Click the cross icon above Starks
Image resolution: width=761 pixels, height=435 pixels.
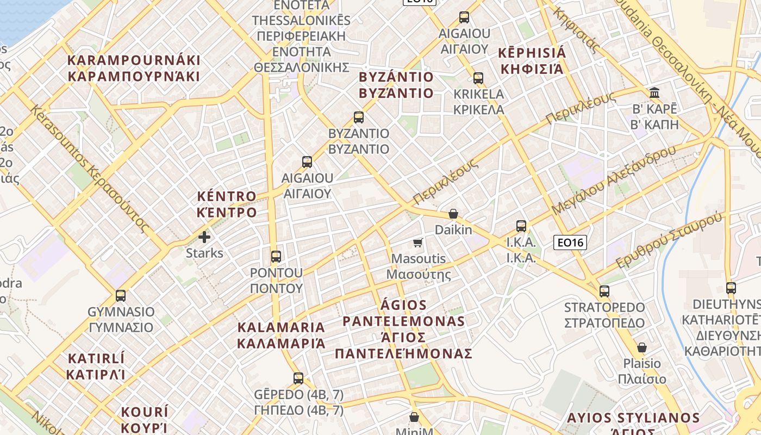[204, 237]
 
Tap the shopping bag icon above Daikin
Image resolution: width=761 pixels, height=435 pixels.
[453, 214]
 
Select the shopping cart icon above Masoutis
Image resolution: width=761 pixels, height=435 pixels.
[418, 243]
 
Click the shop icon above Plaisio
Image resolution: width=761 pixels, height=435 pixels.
[642, 347]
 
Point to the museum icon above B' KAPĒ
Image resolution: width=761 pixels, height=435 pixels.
[654, 92]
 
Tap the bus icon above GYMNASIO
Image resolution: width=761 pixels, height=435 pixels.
[121, 296]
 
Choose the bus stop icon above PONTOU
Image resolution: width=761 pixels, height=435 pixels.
[276, 257]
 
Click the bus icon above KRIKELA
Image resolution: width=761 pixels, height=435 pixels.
[478, 78]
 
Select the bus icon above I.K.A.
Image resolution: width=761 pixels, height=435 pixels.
[521, 226]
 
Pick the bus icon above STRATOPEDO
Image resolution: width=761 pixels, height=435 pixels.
[604, 291]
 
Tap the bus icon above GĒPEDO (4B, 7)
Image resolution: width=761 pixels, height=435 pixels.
[298, 378]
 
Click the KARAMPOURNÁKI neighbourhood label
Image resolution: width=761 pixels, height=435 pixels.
[134, 68]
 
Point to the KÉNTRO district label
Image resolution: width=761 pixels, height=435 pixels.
[227, 204]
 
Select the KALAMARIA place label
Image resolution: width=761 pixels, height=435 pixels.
[281, 335]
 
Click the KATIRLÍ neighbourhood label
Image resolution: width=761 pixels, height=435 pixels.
[96, 366]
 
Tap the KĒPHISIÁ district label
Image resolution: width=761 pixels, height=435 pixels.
[532, 61]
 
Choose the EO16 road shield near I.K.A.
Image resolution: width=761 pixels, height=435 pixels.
[570, 242]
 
